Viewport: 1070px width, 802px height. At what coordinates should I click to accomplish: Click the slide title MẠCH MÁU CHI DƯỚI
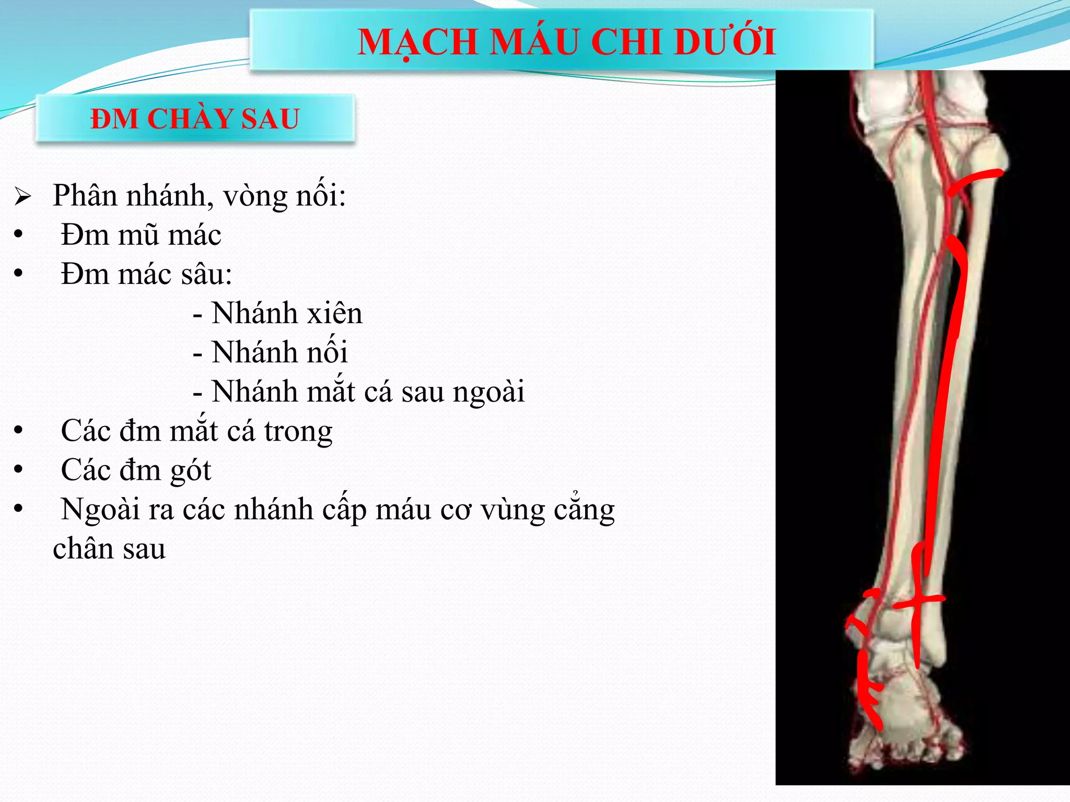pos(566,42)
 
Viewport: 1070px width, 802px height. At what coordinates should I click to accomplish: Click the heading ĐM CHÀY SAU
pos(195,119)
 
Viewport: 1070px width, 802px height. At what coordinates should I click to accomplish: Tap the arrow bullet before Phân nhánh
pos(23,197)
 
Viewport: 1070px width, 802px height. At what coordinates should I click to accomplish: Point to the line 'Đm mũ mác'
pos(141,235)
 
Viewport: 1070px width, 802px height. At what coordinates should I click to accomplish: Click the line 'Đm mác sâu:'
pos(146,274)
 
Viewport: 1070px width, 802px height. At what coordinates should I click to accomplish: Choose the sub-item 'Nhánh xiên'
pos(286,313)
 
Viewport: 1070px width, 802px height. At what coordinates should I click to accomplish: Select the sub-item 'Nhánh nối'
pos(279,352)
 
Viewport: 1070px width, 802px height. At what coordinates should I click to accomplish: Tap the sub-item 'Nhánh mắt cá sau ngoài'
pos(368,392)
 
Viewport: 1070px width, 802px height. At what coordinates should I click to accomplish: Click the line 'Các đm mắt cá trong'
pos(196,431)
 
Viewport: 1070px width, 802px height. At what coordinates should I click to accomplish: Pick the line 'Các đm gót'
pos(136,470)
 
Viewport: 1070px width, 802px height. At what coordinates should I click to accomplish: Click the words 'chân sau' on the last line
pos(109,549)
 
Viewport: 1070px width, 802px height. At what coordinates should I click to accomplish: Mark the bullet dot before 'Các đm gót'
pos(19,469)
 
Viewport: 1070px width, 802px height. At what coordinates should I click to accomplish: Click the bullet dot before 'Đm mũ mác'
pos(19,234)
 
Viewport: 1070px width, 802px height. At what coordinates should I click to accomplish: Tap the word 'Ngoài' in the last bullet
pos(99,510)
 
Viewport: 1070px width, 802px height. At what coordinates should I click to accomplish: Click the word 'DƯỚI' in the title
pos(725,42)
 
